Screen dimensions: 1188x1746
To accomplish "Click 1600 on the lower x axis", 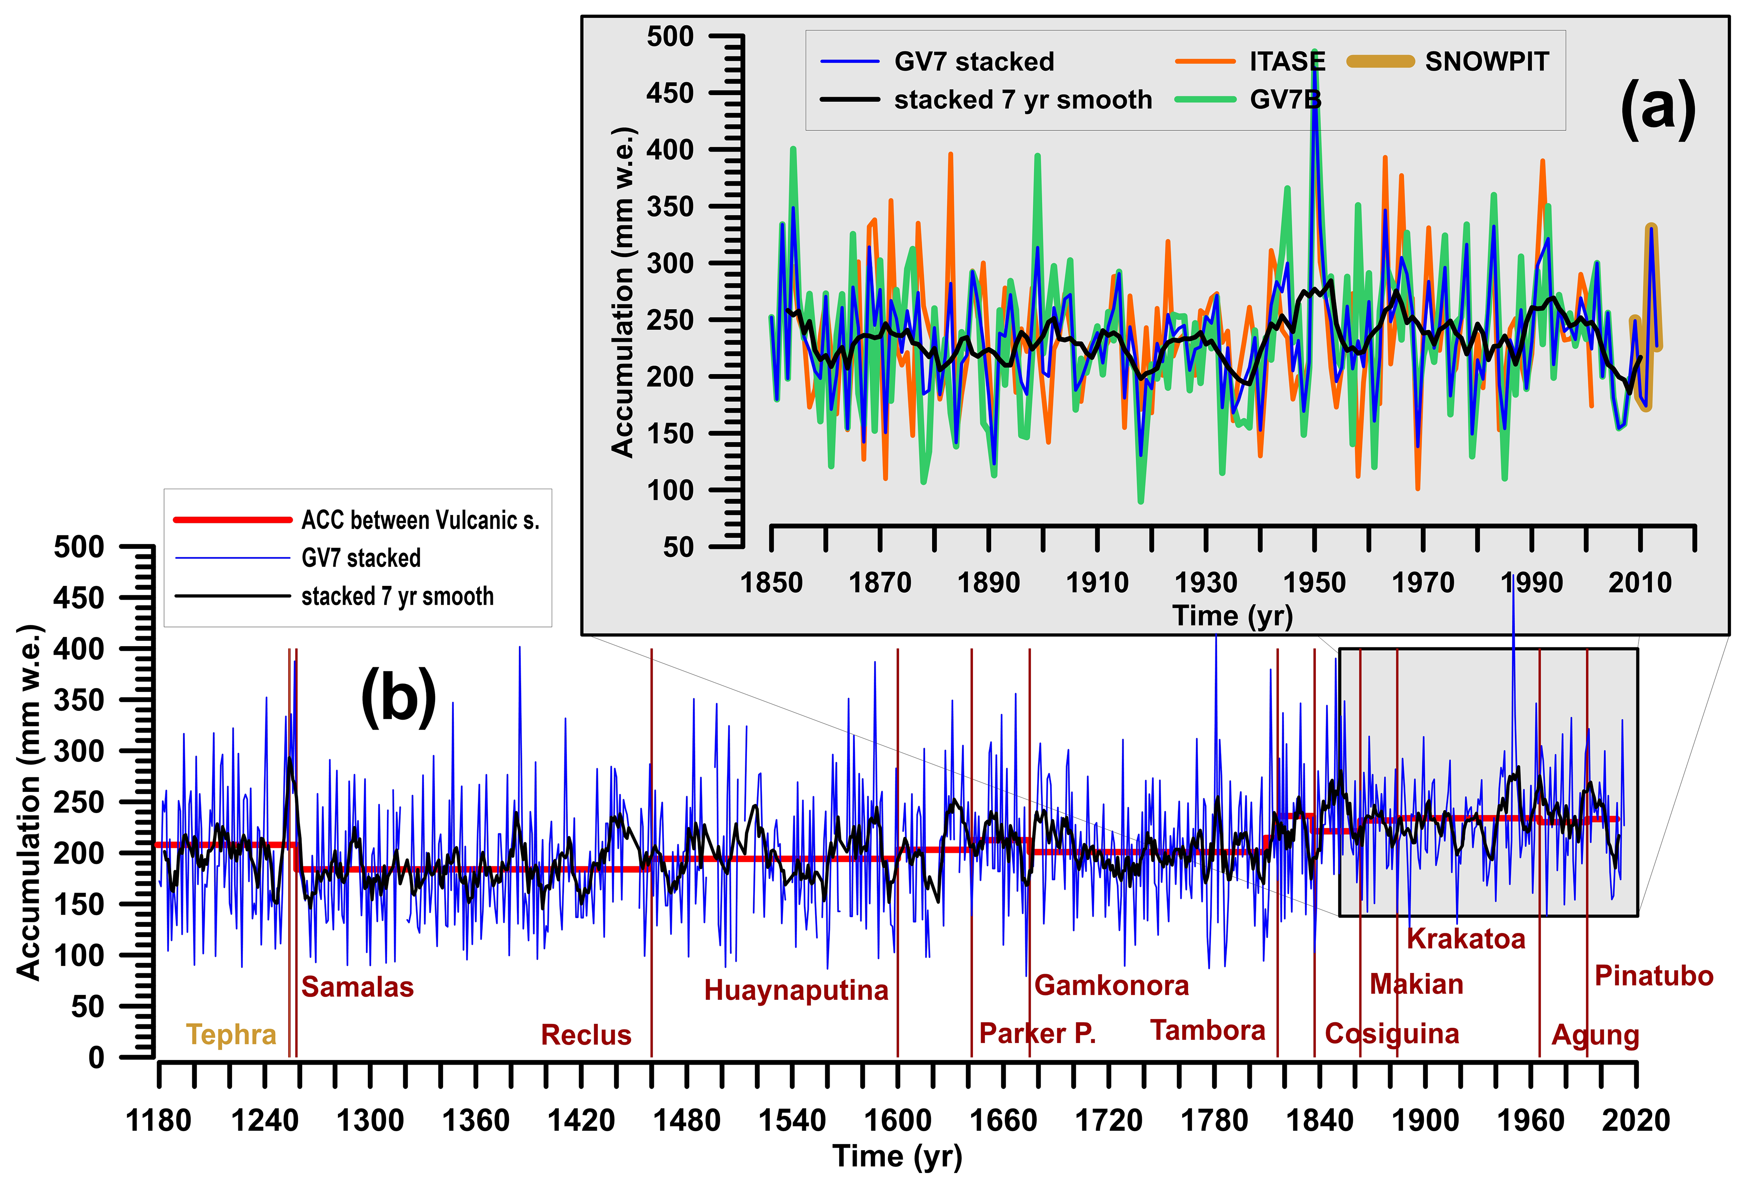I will click(x=898, y=1120).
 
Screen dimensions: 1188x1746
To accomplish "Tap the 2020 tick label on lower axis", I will click(x=1636, y=1120).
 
